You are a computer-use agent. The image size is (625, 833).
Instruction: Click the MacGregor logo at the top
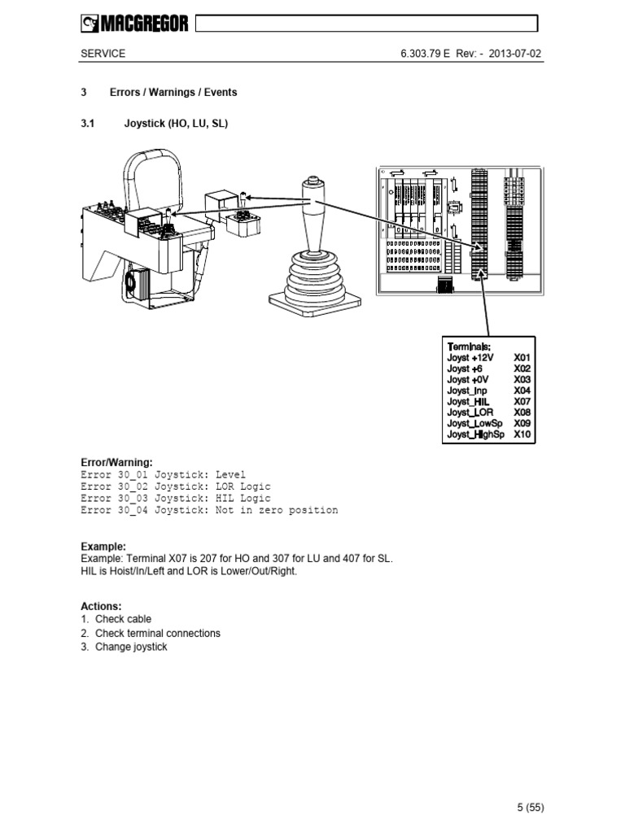coord(134,25)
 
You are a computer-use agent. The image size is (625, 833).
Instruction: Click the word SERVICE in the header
coord(103,54)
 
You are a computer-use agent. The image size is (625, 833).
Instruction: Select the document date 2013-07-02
coord(514,54)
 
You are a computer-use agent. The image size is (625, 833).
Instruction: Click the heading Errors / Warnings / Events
coord(180,92)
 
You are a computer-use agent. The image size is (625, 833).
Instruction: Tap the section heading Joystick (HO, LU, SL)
coord(176,124)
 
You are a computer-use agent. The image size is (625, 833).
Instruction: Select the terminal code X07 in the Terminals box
coord(522,401)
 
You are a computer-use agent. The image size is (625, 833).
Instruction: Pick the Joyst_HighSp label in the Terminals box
coord(476,434)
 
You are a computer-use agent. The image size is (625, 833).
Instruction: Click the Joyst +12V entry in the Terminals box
coord(470,357)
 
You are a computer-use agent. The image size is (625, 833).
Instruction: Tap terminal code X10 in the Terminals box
coord(522,434)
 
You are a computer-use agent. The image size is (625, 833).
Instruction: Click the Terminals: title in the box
coord(469,346)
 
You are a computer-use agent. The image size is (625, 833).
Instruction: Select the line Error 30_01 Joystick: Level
coord(163,474)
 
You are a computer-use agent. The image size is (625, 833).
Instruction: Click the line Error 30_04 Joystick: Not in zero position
coord(209,510)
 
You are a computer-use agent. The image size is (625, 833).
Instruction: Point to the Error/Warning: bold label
coord(116,462)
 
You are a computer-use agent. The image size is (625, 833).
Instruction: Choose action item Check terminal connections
coord(157,633)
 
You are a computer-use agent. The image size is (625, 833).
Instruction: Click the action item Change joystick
coord(131,647)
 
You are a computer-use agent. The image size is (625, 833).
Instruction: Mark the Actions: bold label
coord(101,606)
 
